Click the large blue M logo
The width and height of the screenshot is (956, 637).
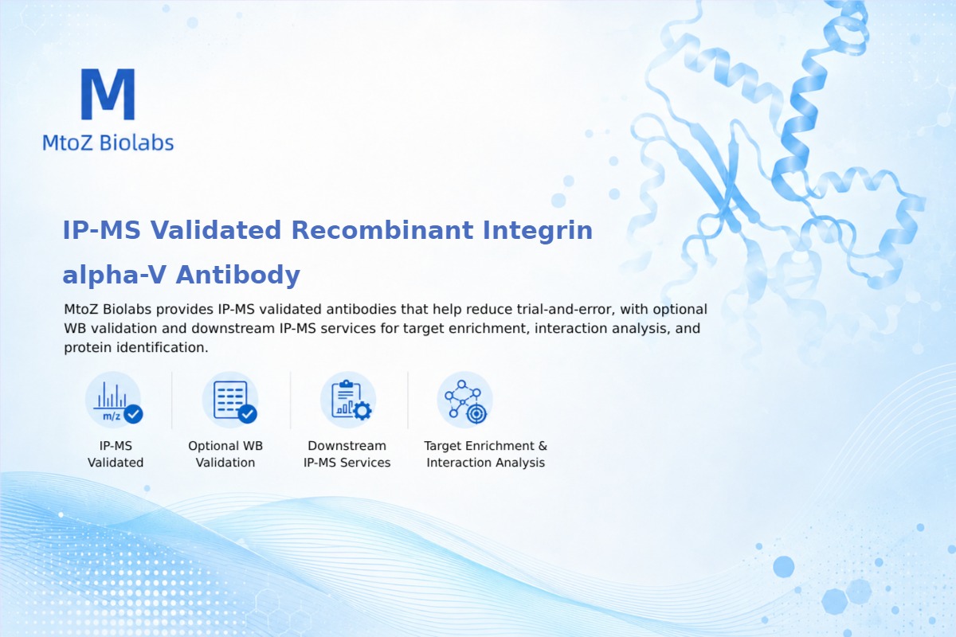coord(108,94)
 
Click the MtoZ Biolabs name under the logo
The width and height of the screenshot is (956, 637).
coord(108,143)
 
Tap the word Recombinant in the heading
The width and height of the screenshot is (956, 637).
coord(382,230)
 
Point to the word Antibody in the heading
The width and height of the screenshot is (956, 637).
coord(237,276)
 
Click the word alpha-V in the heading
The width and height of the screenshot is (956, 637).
coord(114,276)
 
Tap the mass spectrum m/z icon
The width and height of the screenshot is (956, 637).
coord(113,401)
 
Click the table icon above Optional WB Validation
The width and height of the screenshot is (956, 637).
coord(230,401)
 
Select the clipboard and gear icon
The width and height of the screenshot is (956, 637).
coord(348,401)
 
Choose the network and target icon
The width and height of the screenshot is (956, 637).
coord(464,401)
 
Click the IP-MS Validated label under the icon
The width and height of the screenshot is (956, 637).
coord(116,454)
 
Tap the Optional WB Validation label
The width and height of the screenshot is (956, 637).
coord(225,454)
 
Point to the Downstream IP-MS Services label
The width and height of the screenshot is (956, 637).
coord(347,454)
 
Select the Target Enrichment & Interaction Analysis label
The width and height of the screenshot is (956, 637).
coord(486,454)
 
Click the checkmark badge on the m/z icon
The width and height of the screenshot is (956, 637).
coord(133,414)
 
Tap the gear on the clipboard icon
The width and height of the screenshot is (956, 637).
coord(362,411)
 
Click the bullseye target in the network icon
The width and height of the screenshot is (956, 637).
coord(476,413)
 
